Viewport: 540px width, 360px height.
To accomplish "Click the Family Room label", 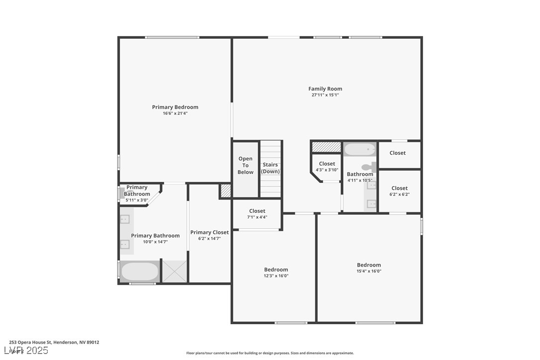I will pos(325,89).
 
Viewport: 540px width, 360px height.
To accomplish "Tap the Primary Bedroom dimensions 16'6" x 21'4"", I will pos(175,113).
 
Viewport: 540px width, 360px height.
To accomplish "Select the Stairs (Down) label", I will pos(270,168).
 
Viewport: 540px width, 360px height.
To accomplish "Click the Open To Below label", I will pos(245,166).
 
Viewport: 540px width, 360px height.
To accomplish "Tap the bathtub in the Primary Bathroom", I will pos(140,271).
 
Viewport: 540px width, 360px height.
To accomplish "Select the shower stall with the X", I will pos(175,271).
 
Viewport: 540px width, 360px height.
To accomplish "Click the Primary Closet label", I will pos(209,232).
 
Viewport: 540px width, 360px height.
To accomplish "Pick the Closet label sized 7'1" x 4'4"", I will pos(257,211).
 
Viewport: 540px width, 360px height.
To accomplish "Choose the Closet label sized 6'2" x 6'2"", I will pos(399,188).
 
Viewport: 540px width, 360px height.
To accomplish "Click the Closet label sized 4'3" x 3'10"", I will pos(327,164).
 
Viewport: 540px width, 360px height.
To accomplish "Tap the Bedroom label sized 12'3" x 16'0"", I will pos(276,270).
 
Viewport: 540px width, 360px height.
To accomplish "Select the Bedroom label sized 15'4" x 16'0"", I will pos(369,265).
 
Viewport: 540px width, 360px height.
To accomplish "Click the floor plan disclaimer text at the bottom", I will pos(270,353).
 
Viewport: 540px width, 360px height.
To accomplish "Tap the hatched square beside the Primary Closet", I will pos(225,191).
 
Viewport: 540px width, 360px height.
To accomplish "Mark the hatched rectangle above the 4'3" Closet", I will pos(326,147).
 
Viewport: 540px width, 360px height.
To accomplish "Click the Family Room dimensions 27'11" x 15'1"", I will pos(325,95).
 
